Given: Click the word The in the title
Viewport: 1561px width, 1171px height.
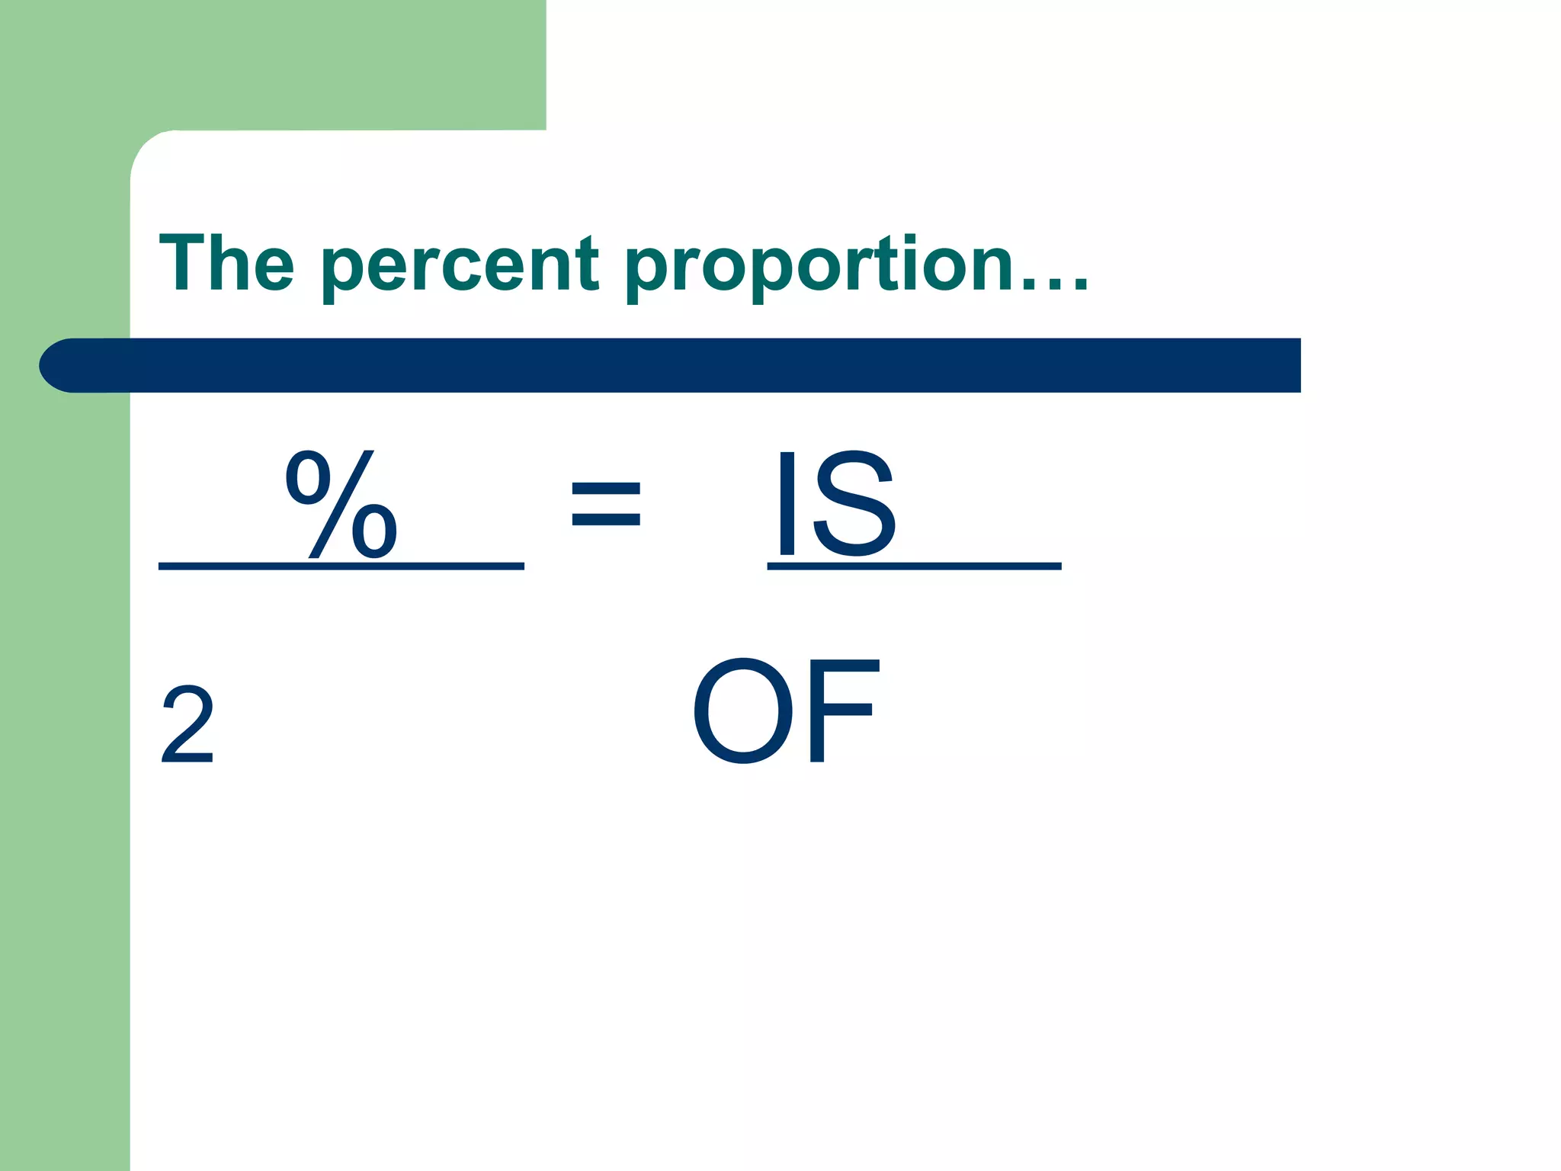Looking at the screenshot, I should click(226, 263).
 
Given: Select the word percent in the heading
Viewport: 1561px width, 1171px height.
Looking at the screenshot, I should click(460, 267).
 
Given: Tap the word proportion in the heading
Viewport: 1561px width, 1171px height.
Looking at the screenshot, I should click(819, 267).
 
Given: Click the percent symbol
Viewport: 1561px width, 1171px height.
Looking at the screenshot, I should click(341, 504).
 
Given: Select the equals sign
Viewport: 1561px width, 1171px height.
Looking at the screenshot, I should click(606, 504).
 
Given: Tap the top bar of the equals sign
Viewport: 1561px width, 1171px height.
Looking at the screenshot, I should click(606, 486).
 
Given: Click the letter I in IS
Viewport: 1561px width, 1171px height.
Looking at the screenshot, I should click(787, 503).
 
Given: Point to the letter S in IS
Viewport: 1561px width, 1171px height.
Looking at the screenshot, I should click(854, 503).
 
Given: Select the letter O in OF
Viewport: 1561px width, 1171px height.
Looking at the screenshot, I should click(742, 711).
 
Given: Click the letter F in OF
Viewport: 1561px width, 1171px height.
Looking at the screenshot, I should click(842, 711).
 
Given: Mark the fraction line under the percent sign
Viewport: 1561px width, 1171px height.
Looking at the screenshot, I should click(341, 566).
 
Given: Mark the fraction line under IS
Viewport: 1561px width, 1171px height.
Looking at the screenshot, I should click(914, 566).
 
